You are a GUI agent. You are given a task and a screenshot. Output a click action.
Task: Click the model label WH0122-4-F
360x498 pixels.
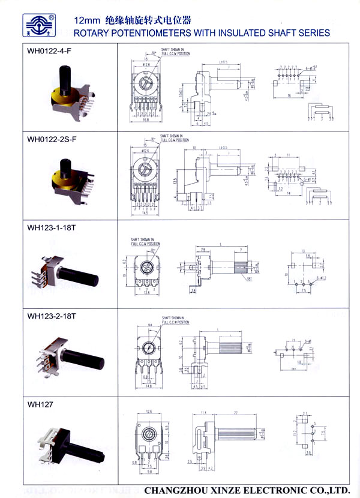[50, 51]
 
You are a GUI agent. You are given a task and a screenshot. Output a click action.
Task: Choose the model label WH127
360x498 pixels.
[40, 404]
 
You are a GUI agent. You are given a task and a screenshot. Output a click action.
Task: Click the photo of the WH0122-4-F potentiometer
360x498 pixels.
[74, 93]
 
